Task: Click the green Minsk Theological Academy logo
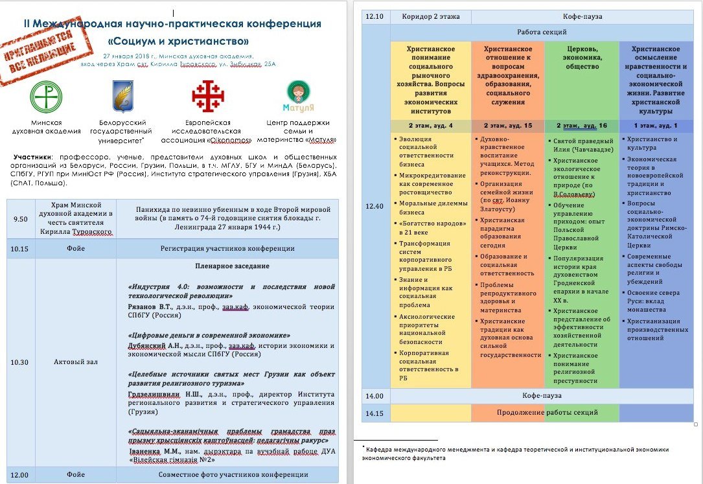pos(46,96)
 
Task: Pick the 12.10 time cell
pos(376,17)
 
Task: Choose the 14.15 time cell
pos(376,413)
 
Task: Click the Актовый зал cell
pos(75,362)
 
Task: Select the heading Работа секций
pos(542,32)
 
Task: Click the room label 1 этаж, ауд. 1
pos(656,125)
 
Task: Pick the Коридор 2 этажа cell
pos(430,17)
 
